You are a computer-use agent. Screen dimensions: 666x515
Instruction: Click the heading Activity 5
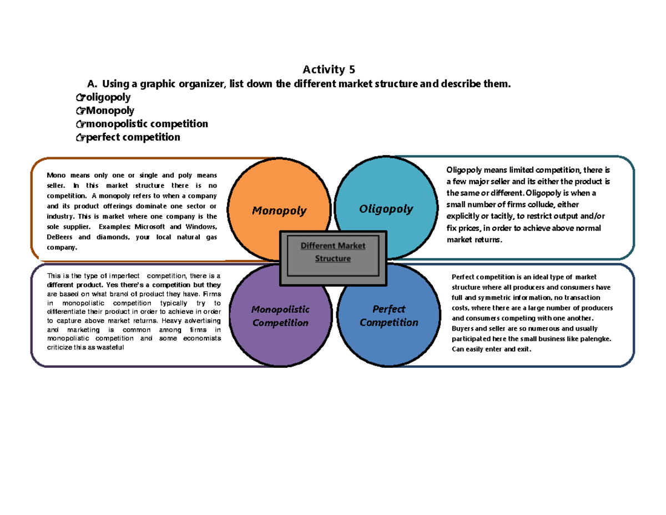tap(328, 69)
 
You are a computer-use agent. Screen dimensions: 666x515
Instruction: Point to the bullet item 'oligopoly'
tap(108, 97)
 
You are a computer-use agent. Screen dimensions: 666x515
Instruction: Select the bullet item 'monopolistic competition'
tap(147, 123)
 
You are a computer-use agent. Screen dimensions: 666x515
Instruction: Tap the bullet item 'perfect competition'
tap(133, 137)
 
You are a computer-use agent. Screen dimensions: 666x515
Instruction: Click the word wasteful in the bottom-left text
tap(112, 347)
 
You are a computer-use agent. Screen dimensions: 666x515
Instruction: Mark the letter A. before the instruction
tap(92, 84)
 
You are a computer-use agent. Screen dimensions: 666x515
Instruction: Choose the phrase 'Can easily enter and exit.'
tap(492, 349)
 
